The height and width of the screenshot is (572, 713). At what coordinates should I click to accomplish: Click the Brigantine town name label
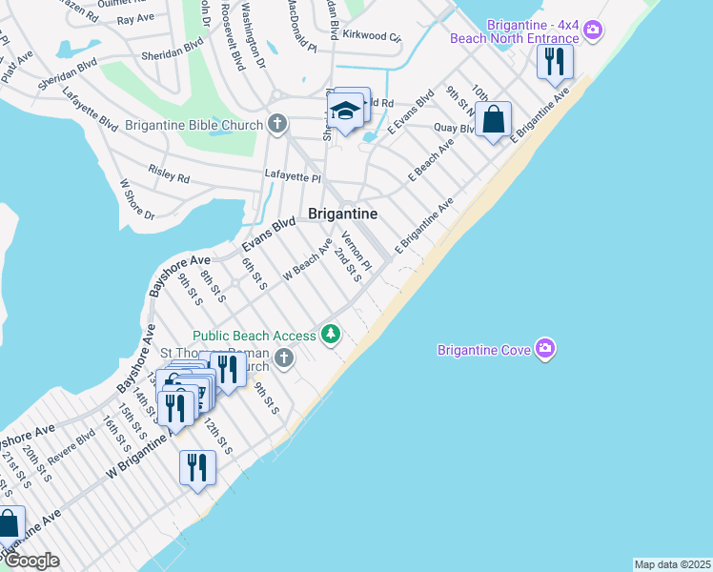[x=342, y=214]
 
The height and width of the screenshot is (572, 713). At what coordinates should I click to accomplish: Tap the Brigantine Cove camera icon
[x=545, y=347]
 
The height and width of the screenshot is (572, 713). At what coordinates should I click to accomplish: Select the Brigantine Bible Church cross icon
[x=277, y=124]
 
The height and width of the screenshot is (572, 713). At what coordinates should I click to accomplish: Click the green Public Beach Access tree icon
[x=331, y=334]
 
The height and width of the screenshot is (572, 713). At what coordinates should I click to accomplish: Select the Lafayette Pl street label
[x=293, y=177]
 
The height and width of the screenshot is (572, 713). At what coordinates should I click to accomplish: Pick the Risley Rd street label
[x=169, y=173]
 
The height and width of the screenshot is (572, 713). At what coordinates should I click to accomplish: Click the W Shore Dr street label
[x=137, y=200]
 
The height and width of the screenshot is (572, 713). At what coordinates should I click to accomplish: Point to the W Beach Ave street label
[x=307, y=260]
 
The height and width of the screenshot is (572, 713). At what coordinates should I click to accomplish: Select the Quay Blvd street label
[x=454, y=129]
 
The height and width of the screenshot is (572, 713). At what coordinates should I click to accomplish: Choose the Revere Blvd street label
[x=72, y=448]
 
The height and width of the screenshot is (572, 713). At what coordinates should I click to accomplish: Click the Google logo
[x=31, y=561]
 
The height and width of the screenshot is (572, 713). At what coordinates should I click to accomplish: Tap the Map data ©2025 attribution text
[x=672, y=564]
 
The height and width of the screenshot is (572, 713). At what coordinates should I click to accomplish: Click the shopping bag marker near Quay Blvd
[x=493, y=121]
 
